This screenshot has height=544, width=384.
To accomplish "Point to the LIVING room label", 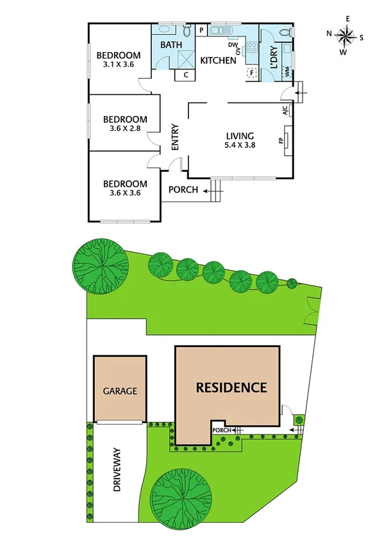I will (x=240, y=136).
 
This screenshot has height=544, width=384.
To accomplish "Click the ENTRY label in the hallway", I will (x=174, y=137).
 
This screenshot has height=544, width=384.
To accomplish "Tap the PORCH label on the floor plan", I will (x=182, y=190).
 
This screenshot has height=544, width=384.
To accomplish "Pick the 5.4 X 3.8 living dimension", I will (x=240, y=146).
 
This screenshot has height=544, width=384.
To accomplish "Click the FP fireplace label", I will (x=280, y=140).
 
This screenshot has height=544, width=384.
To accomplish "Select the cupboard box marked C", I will (x=185, y=74).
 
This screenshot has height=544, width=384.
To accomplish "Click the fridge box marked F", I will (x=251, y=72).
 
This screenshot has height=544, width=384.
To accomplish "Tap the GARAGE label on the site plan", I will (x=121, y=391).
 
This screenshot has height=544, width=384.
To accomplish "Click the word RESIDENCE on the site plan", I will (x=231, y=387).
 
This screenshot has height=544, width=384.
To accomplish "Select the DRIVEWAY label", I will (x=118, y=470).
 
